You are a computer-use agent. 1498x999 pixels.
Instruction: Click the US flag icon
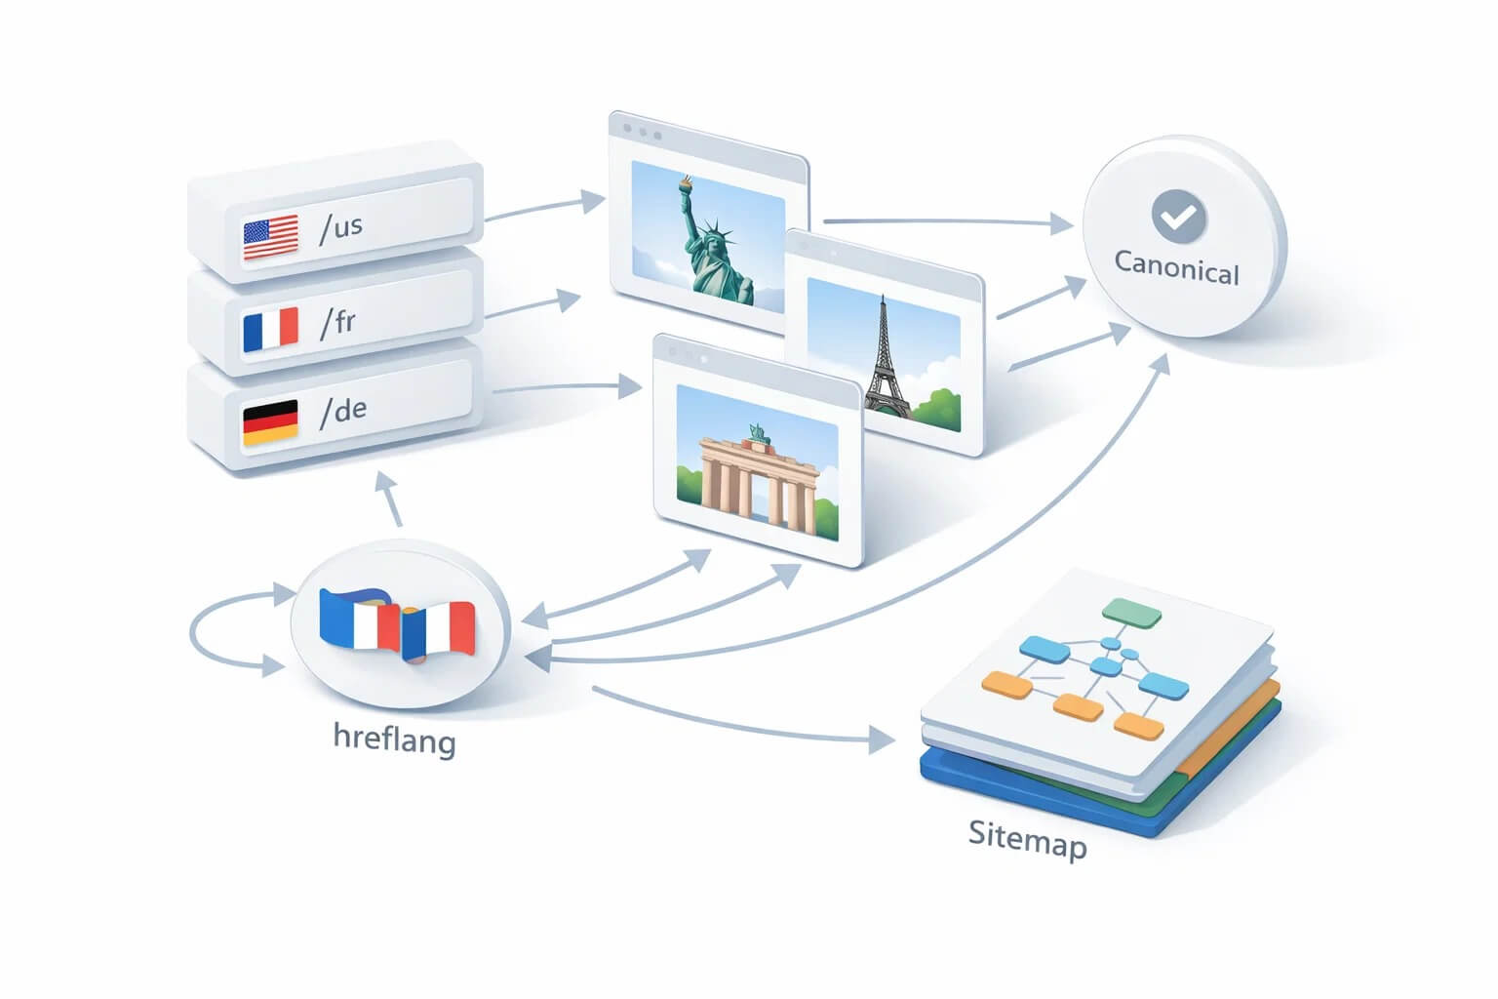point(271,237)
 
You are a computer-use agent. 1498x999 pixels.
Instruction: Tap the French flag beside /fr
point(271,329)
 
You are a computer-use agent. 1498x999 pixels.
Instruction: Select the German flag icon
point(270,422)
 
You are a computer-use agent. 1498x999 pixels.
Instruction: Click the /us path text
point(341,228)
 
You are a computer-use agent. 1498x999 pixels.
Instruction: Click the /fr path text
point(337,323)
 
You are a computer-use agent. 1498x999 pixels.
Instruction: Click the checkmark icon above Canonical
point(1178,217)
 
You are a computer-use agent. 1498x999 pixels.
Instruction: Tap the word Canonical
point(1176,268)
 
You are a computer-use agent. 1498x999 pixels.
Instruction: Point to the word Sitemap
point(1028,840)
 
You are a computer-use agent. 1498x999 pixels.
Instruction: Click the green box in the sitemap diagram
point(1131,613)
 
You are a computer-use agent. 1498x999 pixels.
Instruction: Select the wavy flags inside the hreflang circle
point(398,625)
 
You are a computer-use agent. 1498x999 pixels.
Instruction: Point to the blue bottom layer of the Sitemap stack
point(1097,796)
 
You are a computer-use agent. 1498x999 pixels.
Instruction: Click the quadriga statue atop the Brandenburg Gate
point(759,433)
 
